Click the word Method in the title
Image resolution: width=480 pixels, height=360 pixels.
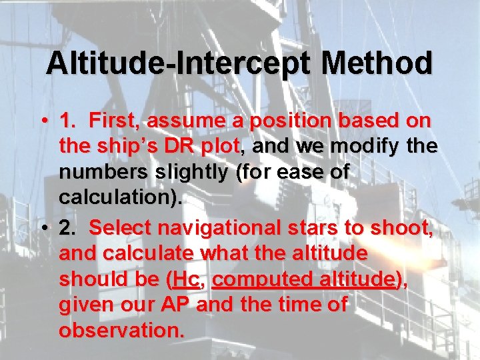pos(377,64)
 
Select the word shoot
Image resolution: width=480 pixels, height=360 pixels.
pos(402,228)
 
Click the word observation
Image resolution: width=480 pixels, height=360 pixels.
pos(120,329)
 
